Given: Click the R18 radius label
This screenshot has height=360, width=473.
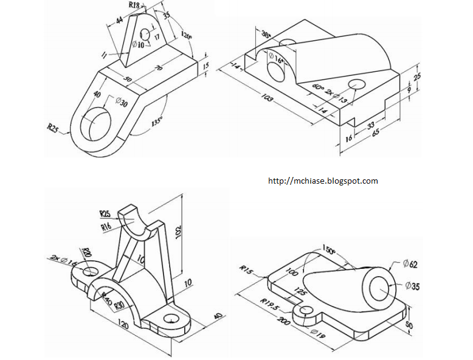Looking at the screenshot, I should point(134,5).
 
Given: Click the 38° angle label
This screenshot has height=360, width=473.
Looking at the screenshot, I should point(266,35).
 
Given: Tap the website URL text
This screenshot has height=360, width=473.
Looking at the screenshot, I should point(323,181).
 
